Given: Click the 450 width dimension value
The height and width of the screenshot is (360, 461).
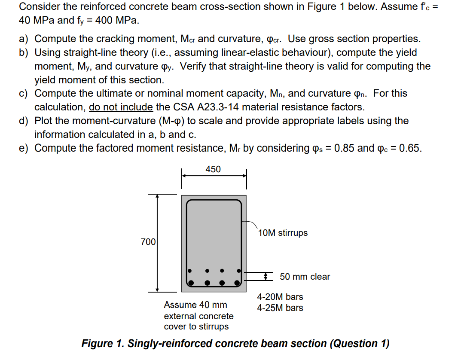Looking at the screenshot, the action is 213,169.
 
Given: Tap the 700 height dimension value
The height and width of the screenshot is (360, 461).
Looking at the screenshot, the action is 148,242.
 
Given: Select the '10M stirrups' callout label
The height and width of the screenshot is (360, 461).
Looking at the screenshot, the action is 283,233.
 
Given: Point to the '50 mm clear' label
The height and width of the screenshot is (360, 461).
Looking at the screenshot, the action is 305,277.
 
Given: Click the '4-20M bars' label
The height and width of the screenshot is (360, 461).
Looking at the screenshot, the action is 280,297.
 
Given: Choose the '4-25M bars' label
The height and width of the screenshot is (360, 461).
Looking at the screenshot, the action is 280,308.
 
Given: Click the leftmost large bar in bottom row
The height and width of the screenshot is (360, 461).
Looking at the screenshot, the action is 192,283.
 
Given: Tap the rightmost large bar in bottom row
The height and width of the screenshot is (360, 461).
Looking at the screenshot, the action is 238,283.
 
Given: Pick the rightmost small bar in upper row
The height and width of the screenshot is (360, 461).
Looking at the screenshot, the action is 238,271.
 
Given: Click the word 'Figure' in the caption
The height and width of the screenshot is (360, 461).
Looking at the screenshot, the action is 97,344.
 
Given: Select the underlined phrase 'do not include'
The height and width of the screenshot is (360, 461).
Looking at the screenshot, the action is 121,107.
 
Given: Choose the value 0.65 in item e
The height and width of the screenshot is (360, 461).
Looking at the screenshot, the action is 410,148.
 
